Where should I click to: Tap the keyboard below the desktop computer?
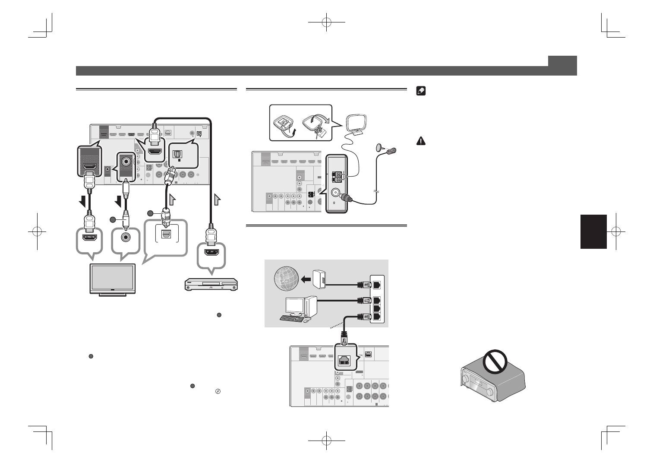tap(292, 318)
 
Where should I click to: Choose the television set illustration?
tap(112, 279)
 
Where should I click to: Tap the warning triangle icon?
tap(421, 140)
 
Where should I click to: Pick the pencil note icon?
tap(421, 91)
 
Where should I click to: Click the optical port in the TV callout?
tap(165, 234)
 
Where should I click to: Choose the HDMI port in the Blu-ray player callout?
tap(211, 252)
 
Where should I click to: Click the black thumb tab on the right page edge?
tap(593, 231)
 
